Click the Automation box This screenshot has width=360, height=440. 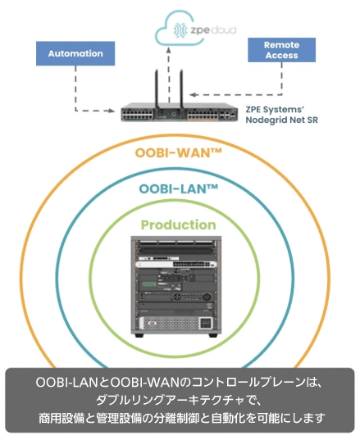tap(75, 53)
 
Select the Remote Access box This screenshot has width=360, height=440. tap(281, 50)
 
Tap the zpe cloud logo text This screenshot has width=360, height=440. tap(213, 29)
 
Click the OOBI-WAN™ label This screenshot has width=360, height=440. tap(178, 153)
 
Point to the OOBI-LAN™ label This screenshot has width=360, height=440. tap(179, 188)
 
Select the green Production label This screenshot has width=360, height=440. tap(178, 225)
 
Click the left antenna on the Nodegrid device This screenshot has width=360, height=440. tap(157, 89)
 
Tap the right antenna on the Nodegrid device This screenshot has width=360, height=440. tap(181, 89)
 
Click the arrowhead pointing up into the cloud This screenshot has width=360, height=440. tap(169, 50)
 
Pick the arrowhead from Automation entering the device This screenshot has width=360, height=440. tap(112, 111)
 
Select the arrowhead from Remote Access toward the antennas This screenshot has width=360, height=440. tap(193, 94)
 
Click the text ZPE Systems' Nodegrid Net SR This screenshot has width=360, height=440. tap(281, 115)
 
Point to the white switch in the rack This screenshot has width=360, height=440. tap(176, 264)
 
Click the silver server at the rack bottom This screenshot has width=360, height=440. tap(176, 323)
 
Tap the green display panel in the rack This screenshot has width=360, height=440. tap(149, 284)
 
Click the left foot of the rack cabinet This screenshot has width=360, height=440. tap(139, 335)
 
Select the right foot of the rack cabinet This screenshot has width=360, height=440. tap(213, 335)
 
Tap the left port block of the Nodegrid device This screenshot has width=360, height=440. tap(138, 115)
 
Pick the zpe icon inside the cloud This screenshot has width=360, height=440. tap(180, 30)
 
